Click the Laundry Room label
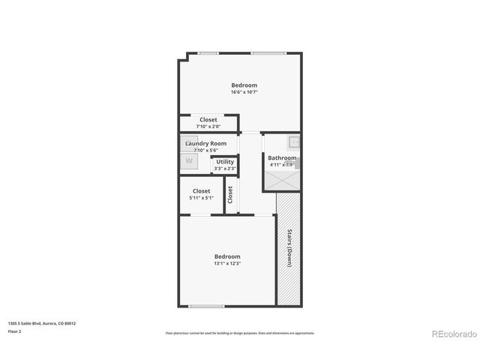[205, 143]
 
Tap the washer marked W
[189, 160]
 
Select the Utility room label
[225, 161]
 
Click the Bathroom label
[282, 157]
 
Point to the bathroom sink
[294, 141]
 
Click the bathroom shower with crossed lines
[282, 181]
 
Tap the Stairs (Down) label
[289, 248]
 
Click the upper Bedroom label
[244, 85]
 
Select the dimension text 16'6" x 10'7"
[244, 92]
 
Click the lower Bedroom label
[227, 256]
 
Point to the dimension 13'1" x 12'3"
[227, 263]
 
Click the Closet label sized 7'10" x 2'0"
[208, 119]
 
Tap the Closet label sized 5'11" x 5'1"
[201, 190]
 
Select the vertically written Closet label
[231, 195]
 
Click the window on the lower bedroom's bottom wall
[205, 306]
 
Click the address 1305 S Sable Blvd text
[41, 323]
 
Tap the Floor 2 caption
[14, 331]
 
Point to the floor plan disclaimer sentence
[240, 333]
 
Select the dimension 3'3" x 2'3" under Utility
[225, 169]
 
